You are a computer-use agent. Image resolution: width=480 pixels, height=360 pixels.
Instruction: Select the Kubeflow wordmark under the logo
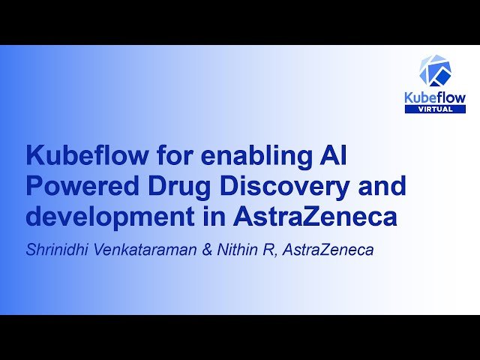point(435,97)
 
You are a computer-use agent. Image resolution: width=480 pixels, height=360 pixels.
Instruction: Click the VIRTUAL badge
point(435,109)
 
